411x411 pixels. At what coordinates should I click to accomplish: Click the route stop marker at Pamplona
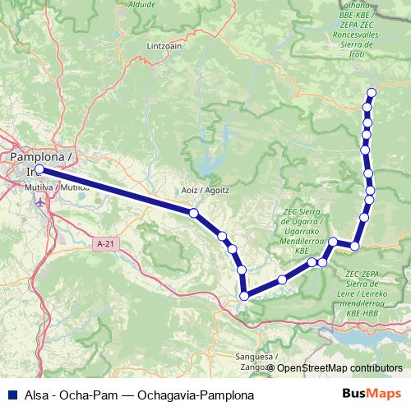tap(39, 170)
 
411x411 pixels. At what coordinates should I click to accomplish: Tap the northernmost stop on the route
tap(372, 92)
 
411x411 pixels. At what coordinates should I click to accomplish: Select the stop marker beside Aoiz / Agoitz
tap(194, 213)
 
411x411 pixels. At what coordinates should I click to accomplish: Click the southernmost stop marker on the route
tap(244, 296)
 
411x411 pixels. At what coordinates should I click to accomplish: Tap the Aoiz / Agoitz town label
tap(205, 190)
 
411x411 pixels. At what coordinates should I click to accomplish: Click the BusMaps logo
tap(371, 394)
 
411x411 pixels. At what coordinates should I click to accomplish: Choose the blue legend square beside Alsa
tap(12, 394)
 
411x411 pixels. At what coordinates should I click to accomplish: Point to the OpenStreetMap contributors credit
tap(339, 367)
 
